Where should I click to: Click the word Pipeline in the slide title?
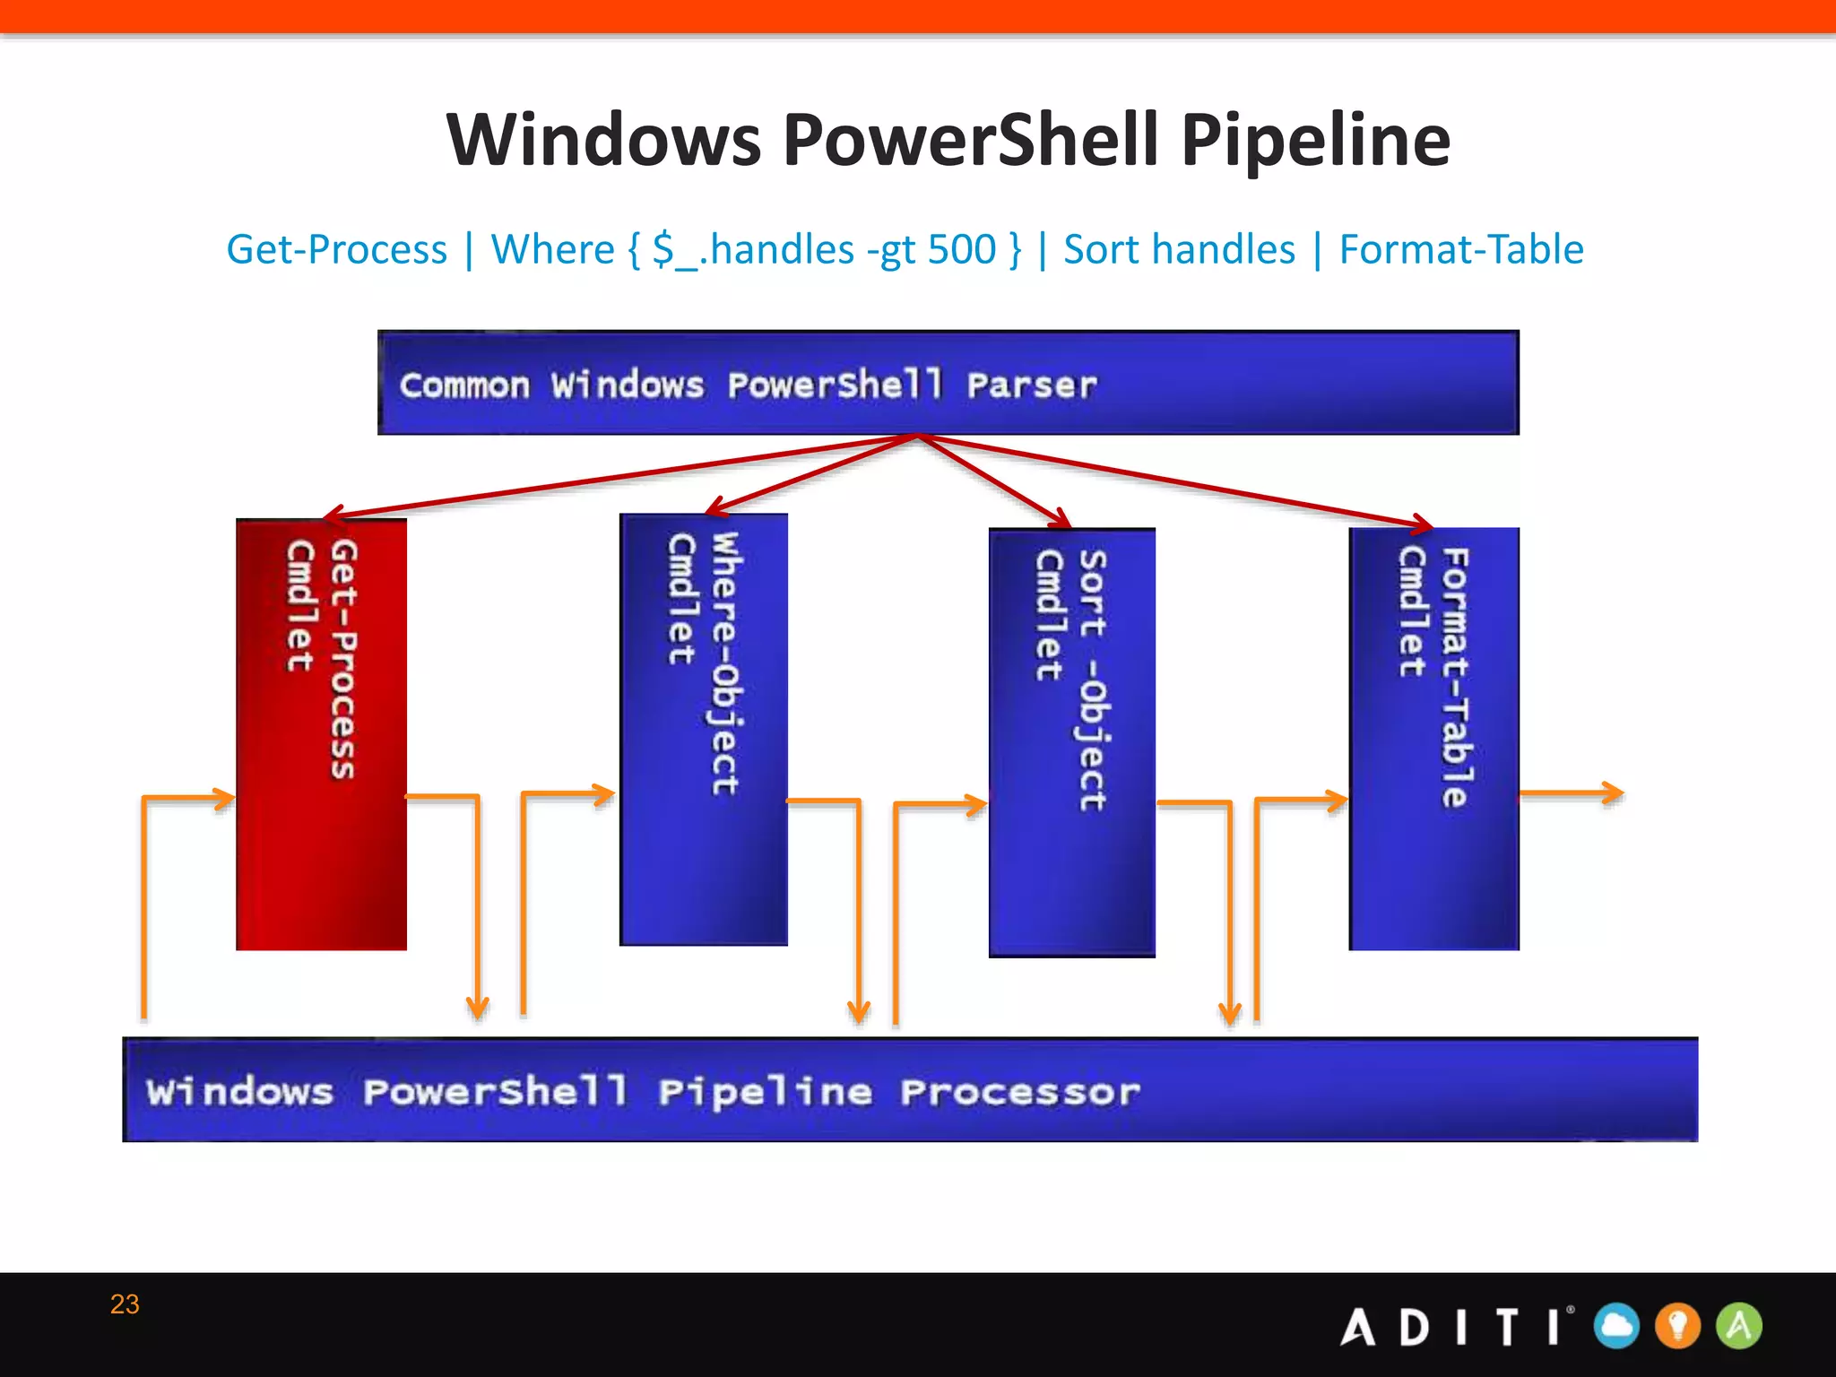(1314, 141)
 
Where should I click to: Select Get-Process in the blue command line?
(336, 249)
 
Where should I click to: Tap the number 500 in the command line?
(961, 249)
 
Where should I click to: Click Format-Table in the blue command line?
(1460, 249)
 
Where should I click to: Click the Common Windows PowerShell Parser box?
(948, 384)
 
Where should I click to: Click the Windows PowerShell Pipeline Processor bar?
(910, 1090)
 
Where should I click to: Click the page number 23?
(125, 1303)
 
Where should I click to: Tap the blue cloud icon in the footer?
(1616, 1326)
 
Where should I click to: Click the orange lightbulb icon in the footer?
(1677, 1326)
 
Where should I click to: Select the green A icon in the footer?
(1738, 1326)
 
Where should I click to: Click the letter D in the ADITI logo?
(1414, 1327)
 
